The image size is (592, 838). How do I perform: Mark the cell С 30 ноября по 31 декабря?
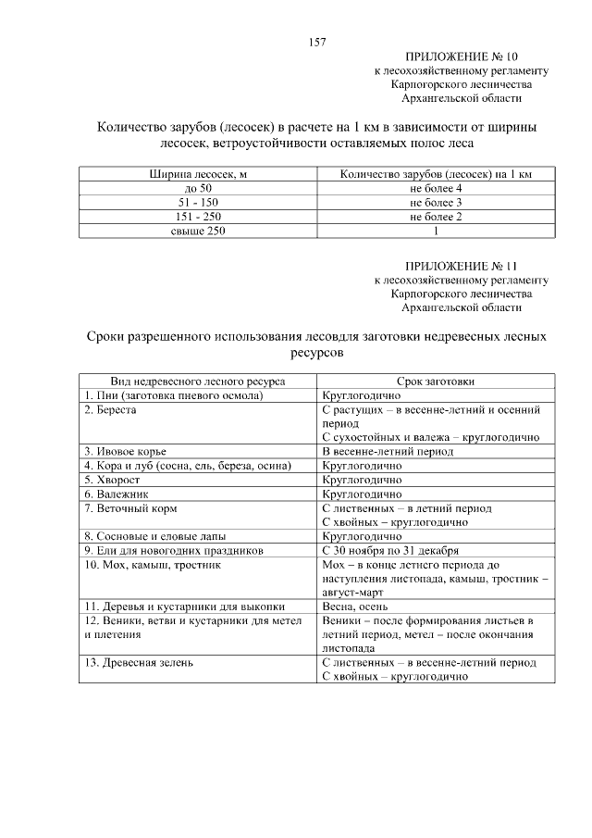click(389, 550)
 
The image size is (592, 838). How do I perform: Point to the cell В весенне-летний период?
click(388, 451)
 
